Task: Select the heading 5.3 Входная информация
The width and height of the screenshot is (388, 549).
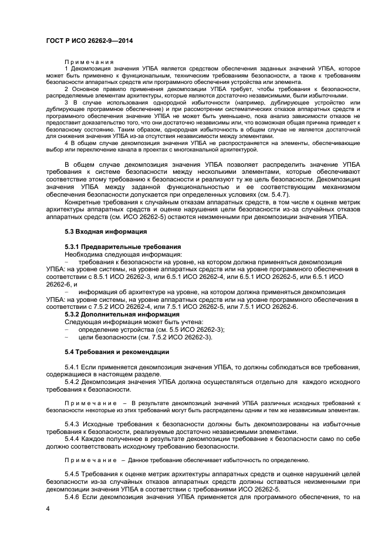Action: click(105, 232)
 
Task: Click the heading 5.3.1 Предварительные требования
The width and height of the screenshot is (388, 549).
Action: click(122, 246)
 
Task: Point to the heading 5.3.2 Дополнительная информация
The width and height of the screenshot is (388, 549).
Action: click(122, 314)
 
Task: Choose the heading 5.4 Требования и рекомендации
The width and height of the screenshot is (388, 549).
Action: click(116, 352)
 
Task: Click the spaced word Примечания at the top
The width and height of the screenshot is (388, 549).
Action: click(89, 62)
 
